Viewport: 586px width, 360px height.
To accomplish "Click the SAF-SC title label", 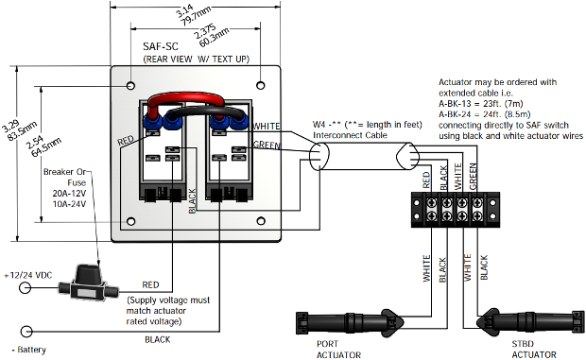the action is (x=161, y=46).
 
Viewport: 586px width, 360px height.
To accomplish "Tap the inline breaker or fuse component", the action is (x=88, y=283).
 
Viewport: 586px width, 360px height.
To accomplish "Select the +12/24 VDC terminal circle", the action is (x=25, y=287).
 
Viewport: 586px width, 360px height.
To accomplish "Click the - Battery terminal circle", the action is (x=26, y=332).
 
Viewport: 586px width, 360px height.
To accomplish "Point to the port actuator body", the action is (x=350, y=322).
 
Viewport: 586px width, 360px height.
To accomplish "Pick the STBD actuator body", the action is (x=530, y=321).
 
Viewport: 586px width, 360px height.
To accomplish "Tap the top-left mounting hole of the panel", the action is (x=130, y=86).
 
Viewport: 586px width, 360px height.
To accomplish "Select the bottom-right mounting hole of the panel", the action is (x=261, y=221).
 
